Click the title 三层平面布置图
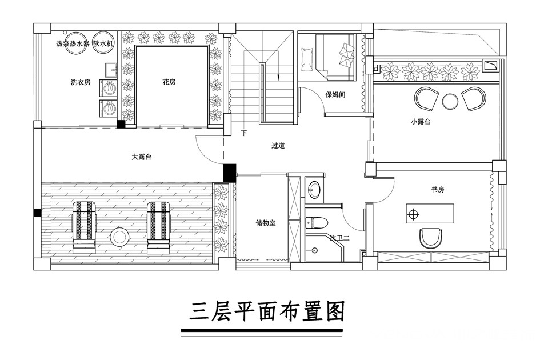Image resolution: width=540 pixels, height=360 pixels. coord(267,311)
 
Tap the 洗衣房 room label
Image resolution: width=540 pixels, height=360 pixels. coord(80,82)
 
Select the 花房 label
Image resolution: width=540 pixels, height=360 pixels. coord(169,82)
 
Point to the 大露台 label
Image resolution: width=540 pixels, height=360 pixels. coord(142,157)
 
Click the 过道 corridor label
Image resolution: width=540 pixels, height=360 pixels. coord(278,146)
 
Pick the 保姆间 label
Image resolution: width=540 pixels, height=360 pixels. coord(335,94)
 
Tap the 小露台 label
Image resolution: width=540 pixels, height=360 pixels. coord(421,122)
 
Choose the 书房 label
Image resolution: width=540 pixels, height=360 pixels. coord(438,190)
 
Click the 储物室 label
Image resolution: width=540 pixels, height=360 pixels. coord(266,223)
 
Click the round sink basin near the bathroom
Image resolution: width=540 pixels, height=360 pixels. coord(314,189)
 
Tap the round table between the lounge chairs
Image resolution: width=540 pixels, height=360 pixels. coord(119,237)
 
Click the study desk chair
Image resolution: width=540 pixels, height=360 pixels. coord(430,238)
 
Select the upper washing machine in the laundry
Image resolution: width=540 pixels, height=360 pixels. coord(109,88)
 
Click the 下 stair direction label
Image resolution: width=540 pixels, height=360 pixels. coord(244,133)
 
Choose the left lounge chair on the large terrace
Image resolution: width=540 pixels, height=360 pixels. coord(83,227)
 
